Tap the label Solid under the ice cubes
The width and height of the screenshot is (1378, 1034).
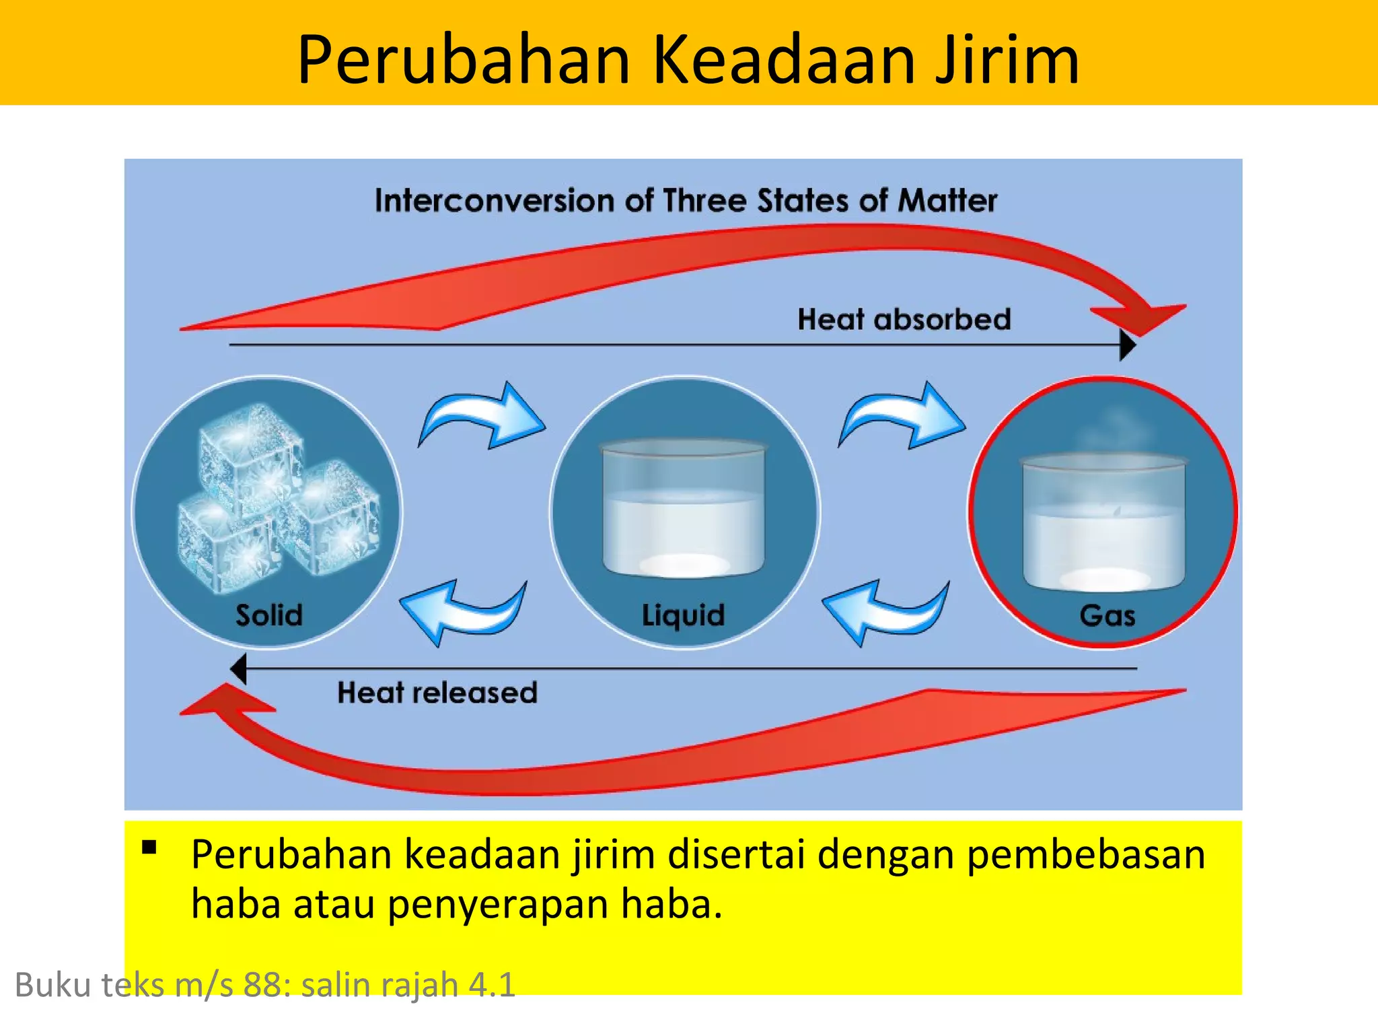click(269, 615)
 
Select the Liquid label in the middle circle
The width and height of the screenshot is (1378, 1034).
click(683, 615)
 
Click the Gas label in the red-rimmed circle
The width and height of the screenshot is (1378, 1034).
click(1107, 615)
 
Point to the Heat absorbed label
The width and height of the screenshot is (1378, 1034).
click(904, 319)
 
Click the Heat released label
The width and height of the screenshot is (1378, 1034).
click(437, 693)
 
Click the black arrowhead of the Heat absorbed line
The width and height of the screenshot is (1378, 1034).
click(1128, 345)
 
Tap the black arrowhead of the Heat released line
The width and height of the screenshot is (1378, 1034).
click(238, 669)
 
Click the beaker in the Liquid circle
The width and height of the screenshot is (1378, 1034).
click(684, 509)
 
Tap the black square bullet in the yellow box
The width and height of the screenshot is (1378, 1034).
click(149, 847)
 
